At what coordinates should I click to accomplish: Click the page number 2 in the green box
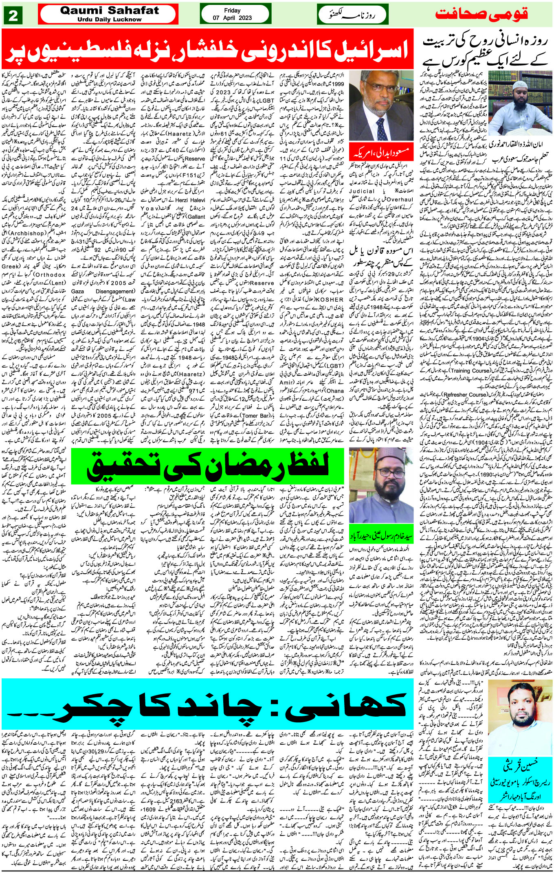point(13,16)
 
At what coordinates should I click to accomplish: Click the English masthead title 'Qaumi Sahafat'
point(109,10)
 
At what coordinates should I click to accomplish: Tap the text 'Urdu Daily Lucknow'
point(109,19)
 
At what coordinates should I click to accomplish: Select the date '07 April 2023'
point(232,18)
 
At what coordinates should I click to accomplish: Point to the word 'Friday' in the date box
point(232,10)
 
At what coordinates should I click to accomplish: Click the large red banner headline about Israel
point(207,49)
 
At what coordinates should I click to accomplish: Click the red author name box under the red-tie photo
point(381,151)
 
